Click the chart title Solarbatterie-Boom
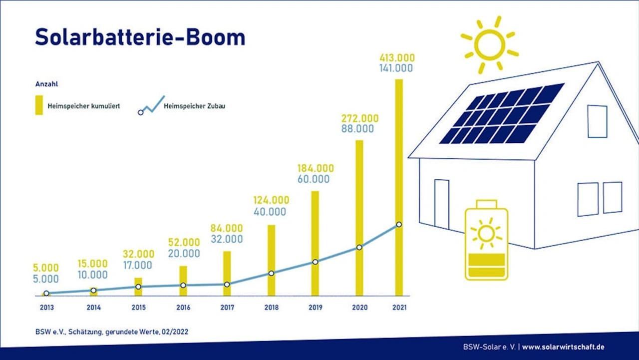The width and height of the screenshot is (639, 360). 140,37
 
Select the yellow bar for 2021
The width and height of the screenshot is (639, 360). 399,187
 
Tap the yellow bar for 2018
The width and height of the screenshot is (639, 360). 271,260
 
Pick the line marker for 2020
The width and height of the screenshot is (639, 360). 359,247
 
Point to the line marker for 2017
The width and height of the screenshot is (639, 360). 227,285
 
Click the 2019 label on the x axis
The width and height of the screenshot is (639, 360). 315,308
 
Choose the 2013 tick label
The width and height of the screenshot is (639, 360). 47,308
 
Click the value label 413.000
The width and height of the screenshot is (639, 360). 397,58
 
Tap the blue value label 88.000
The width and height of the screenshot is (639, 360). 357,129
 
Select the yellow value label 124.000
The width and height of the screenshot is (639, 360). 271,200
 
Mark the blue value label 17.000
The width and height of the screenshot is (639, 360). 137,265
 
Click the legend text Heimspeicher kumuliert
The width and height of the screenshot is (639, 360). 83,106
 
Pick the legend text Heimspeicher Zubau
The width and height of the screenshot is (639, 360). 194,106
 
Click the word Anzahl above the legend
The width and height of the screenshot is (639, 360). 46,84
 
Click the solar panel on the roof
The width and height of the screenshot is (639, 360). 502,113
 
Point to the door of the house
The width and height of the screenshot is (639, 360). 442,204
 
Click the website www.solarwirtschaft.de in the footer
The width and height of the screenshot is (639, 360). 563,347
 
